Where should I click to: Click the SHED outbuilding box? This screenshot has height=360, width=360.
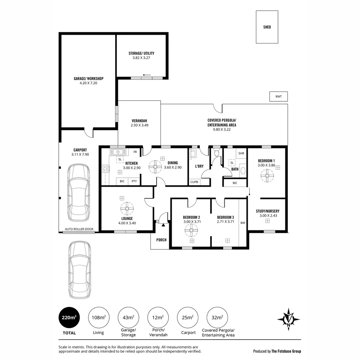click(267, 27)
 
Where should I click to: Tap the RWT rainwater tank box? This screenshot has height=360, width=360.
click(278, 97)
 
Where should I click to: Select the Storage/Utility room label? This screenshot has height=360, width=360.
click(141, 53)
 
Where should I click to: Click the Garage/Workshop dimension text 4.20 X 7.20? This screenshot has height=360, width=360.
click(88, 83)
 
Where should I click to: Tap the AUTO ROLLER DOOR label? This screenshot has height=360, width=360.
click(79, 229)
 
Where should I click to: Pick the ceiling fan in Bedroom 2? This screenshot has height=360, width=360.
click(191, 230)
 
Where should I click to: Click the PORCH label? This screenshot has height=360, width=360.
click(161, 240)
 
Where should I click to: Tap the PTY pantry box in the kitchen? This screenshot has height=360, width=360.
click(134, 181)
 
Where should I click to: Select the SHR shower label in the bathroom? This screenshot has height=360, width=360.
click(241, 153)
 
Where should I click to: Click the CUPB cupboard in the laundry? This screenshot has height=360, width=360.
click(194, 182)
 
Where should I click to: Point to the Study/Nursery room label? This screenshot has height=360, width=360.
click(267, 211)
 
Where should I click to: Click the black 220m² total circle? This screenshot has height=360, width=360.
click(69, 317)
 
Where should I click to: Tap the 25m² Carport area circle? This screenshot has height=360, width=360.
click(188, 317)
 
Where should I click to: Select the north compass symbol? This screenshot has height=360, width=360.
click(288, 319)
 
